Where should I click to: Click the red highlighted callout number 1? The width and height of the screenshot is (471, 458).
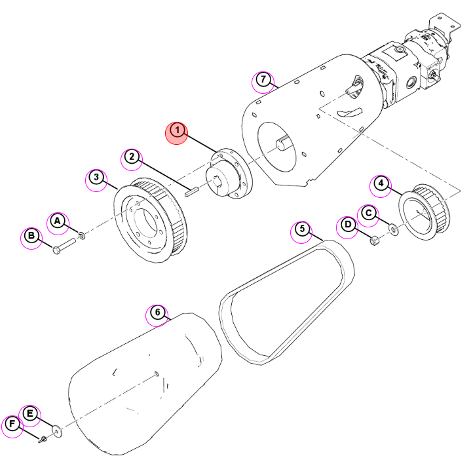(x=177, y=131)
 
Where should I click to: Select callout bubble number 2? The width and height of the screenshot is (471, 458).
(x=132, y=157)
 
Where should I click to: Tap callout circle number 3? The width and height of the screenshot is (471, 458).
(x=96, y=177)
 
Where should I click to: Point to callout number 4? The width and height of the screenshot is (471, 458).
(x=381, y=183)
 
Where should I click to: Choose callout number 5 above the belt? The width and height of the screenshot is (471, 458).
(x=302, y=229)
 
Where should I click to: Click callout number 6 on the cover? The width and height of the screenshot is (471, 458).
(x=157, y=313)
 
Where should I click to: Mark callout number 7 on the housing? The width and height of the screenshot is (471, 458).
(x=263, y=79)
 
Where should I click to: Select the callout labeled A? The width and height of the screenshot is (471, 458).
(x=57, y=221)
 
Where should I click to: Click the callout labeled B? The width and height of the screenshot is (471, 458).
(x=31, y=236)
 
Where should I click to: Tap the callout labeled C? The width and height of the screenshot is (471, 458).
(x=369, y=213)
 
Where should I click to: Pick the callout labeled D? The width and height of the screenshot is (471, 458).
(x=348, y=225)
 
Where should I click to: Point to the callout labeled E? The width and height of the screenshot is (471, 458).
(x=29, y=414)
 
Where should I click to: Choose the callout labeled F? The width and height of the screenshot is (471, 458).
(x=12, y=424)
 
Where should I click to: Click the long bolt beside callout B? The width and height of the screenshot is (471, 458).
(x=64, y=246)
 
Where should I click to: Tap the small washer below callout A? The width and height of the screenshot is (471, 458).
(x=81, y=236)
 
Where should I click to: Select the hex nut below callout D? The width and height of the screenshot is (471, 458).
(x=374, y=240)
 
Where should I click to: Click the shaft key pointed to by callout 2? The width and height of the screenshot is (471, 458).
(x=191, y=192)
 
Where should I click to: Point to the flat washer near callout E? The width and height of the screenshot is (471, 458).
(x=57, y=431)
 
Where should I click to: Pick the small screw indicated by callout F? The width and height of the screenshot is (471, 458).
(x=43, y=440)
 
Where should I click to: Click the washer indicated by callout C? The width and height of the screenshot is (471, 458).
(x=393, y=229)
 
